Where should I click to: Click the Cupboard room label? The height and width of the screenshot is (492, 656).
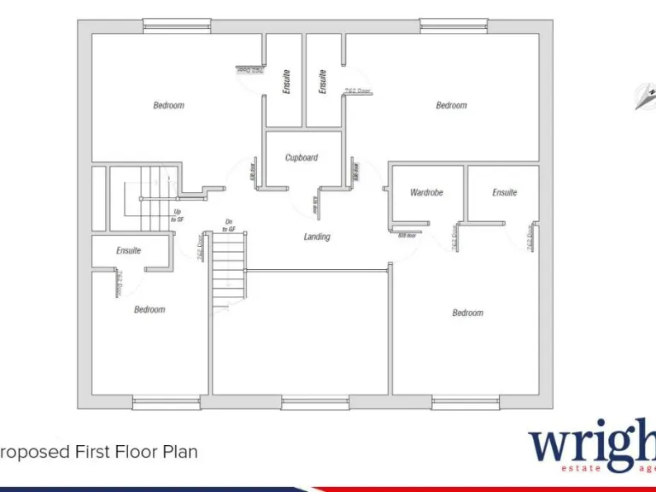click(302, 158)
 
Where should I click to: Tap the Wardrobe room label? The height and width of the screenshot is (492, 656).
click(426, 193)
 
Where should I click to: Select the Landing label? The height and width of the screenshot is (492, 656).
click(317, 237)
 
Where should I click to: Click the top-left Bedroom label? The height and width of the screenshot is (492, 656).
click(168, 106)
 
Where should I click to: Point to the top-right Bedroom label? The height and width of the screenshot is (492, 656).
click(451, 106)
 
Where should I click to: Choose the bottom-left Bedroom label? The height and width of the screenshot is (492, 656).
click(149, 309)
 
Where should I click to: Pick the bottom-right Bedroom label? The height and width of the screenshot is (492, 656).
click(467, 313)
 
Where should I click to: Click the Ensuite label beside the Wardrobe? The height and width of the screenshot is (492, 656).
click(504, 193)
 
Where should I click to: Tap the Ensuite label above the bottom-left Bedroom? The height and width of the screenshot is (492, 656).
click(128, 250)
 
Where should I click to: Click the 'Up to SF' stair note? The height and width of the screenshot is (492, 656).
click(178, 215)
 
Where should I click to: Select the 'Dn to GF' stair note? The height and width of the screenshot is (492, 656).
click(229, 225)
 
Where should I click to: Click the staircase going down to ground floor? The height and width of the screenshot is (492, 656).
click(228, 272)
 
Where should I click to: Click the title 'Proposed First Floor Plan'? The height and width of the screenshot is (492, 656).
click(99, 451)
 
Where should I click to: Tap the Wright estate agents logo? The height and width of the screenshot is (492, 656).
click(591, 448)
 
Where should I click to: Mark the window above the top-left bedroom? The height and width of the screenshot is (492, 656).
click(177, 26)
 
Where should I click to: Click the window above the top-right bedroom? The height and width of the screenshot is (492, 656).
click(454, 26)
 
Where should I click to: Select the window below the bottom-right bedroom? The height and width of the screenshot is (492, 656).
click(465, 401)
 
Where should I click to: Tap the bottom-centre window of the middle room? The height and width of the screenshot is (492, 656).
click(315, 401)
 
